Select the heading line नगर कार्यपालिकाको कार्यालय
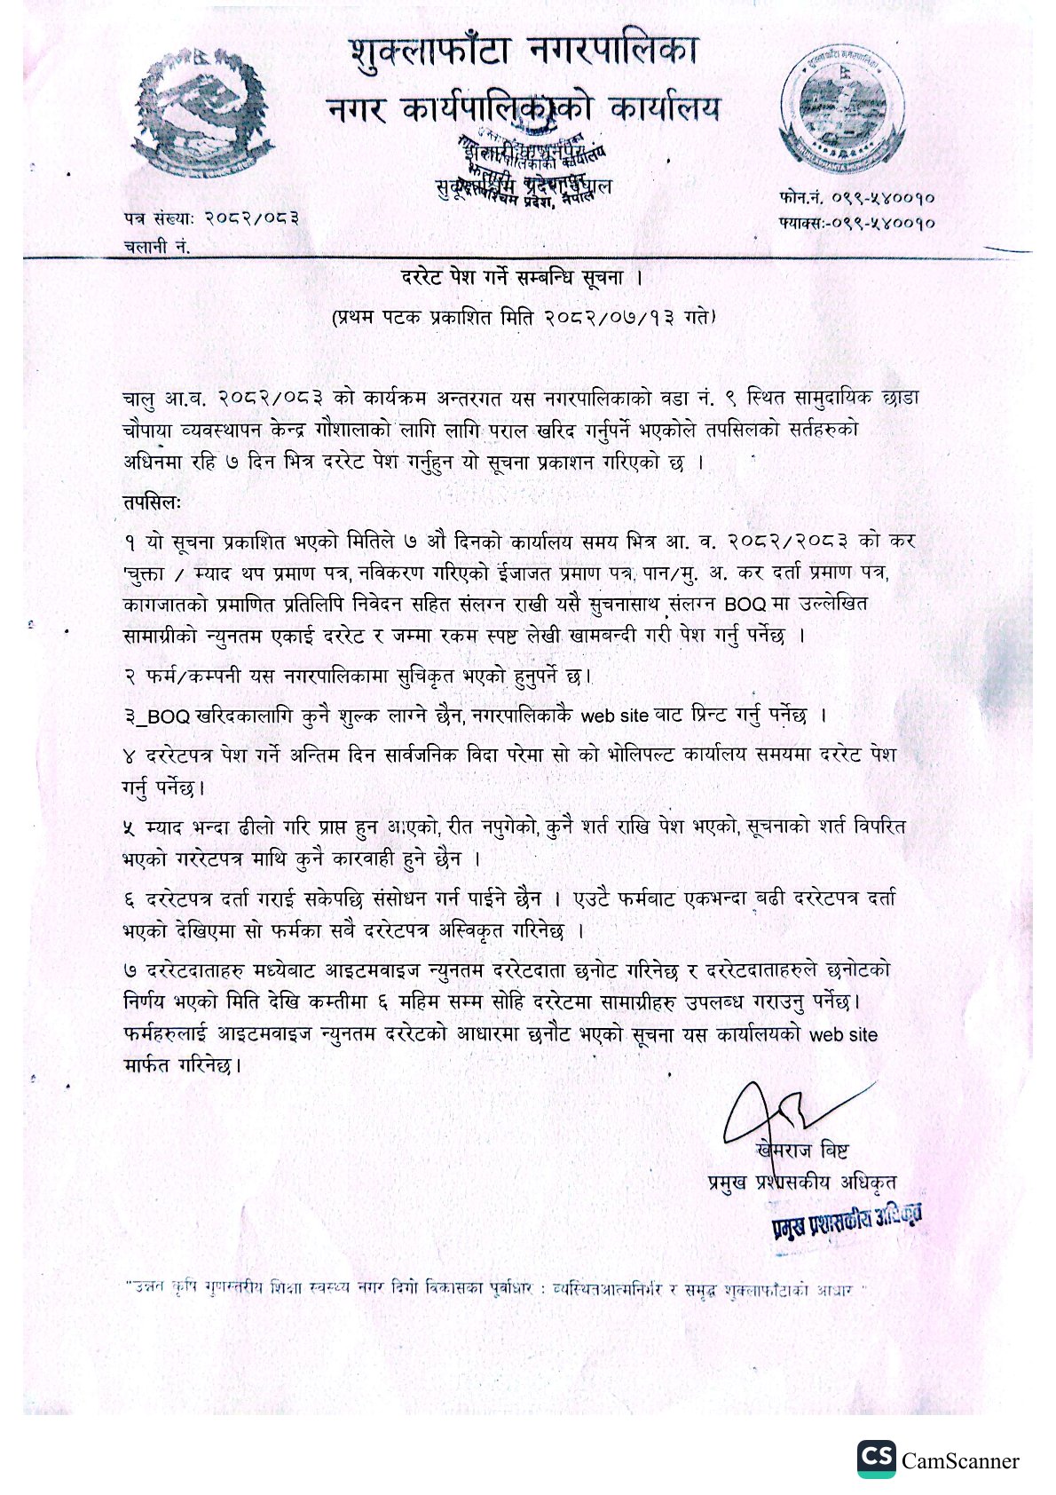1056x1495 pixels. pyautogui.click(x=524, y=109)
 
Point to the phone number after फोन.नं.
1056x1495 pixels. pyautogui.click(x=878, y=198)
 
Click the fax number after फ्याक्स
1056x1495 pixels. pyautogui.click(x=884, y=223)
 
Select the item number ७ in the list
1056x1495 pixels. pyautogui.click(x=130, y=970)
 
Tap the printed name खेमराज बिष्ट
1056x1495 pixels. pyautogui.click(x=804, y=1151)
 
